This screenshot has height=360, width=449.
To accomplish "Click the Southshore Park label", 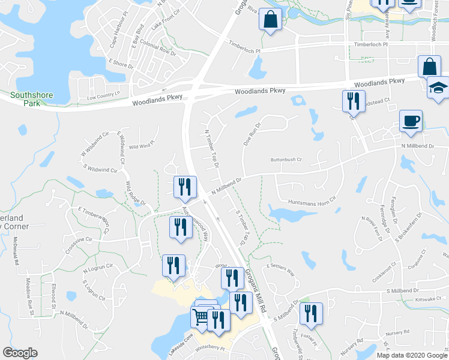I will point(31,99).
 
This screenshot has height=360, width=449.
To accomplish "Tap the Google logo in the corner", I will point(20,353).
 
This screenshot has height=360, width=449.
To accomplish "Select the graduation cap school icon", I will point(438,87).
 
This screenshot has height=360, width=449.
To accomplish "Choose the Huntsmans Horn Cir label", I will point(312,202).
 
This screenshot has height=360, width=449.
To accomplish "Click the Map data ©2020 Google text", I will point(411,355).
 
